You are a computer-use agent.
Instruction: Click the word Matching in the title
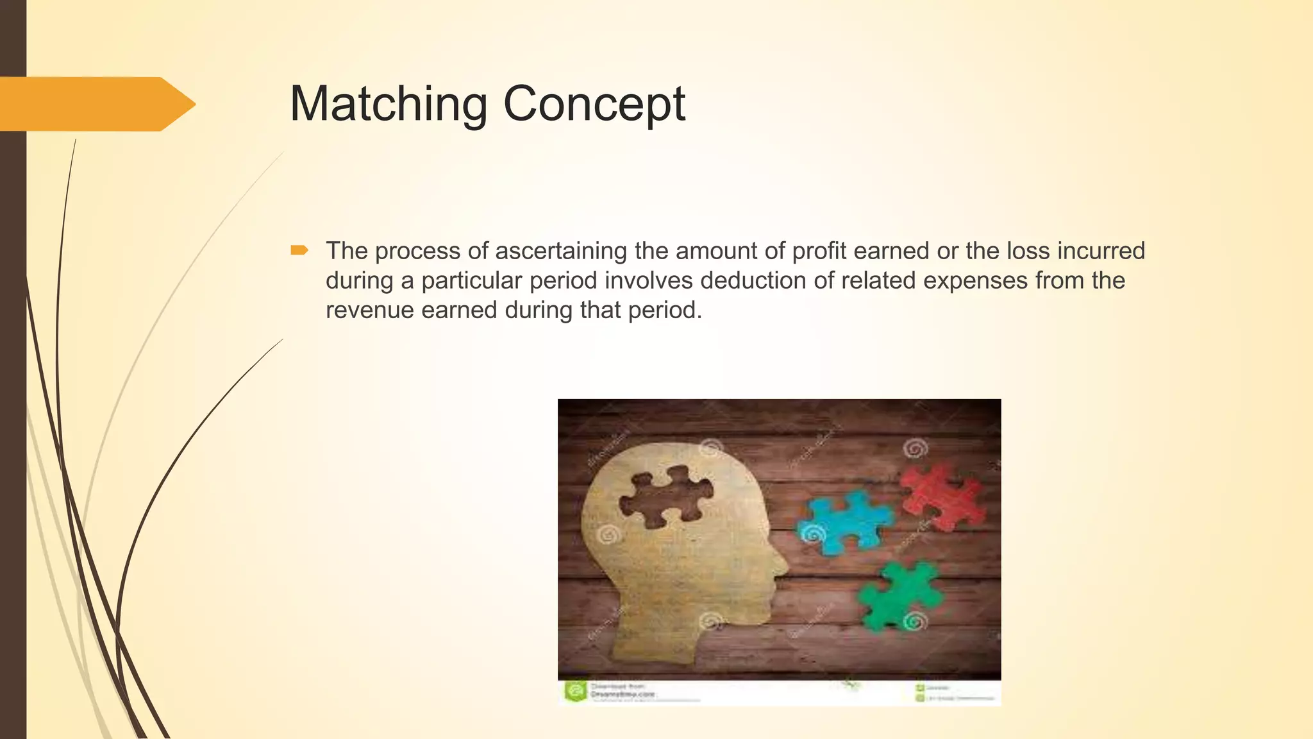tap(388, 104)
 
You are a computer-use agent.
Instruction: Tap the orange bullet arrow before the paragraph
tap(299, 250)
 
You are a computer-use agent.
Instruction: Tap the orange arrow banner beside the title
tap(96, 104)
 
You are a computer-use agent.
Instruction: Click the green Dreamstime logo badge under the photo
tap(575, 692)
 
